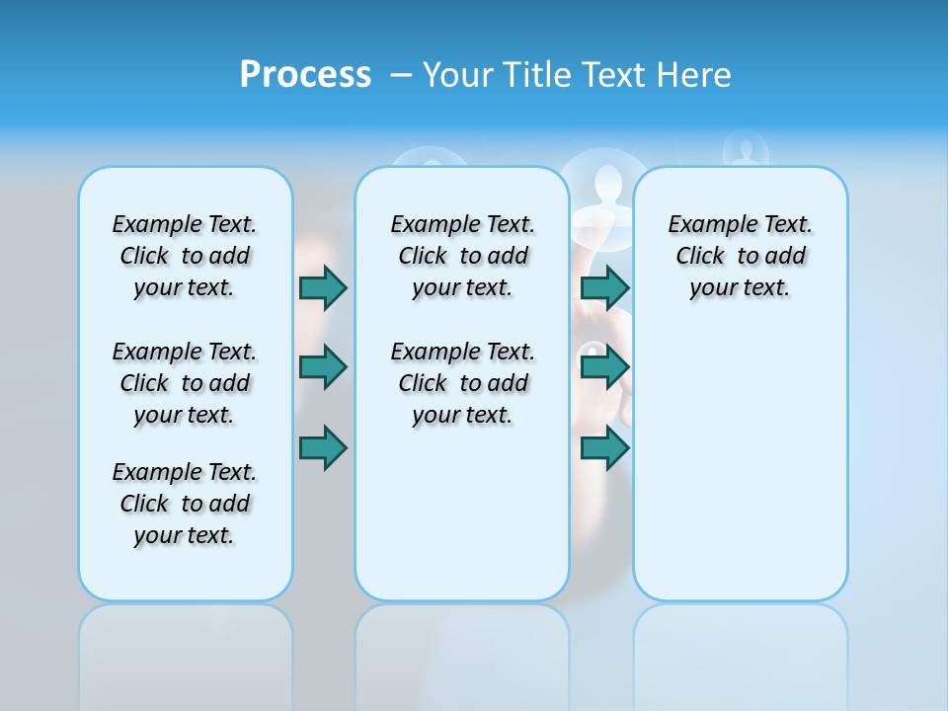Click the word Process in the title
coord(305,75)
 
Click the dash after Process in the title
coord(401,76)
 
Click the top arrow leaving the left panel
coord(323,287)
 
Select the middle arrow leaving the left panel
coord(323,367)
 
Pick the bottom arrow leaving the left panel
coord(323,447)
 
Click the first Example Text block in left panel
coord(185,256)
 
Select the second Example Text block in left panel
coord(185,383)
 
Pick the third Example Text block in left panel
coord(185,504)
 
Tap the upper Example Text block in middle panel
coord(462,256)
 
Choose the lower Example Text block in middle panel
coord(462,383)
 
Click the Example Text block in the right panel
coord(740,256)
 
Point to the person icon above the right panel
coord(746,151)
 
